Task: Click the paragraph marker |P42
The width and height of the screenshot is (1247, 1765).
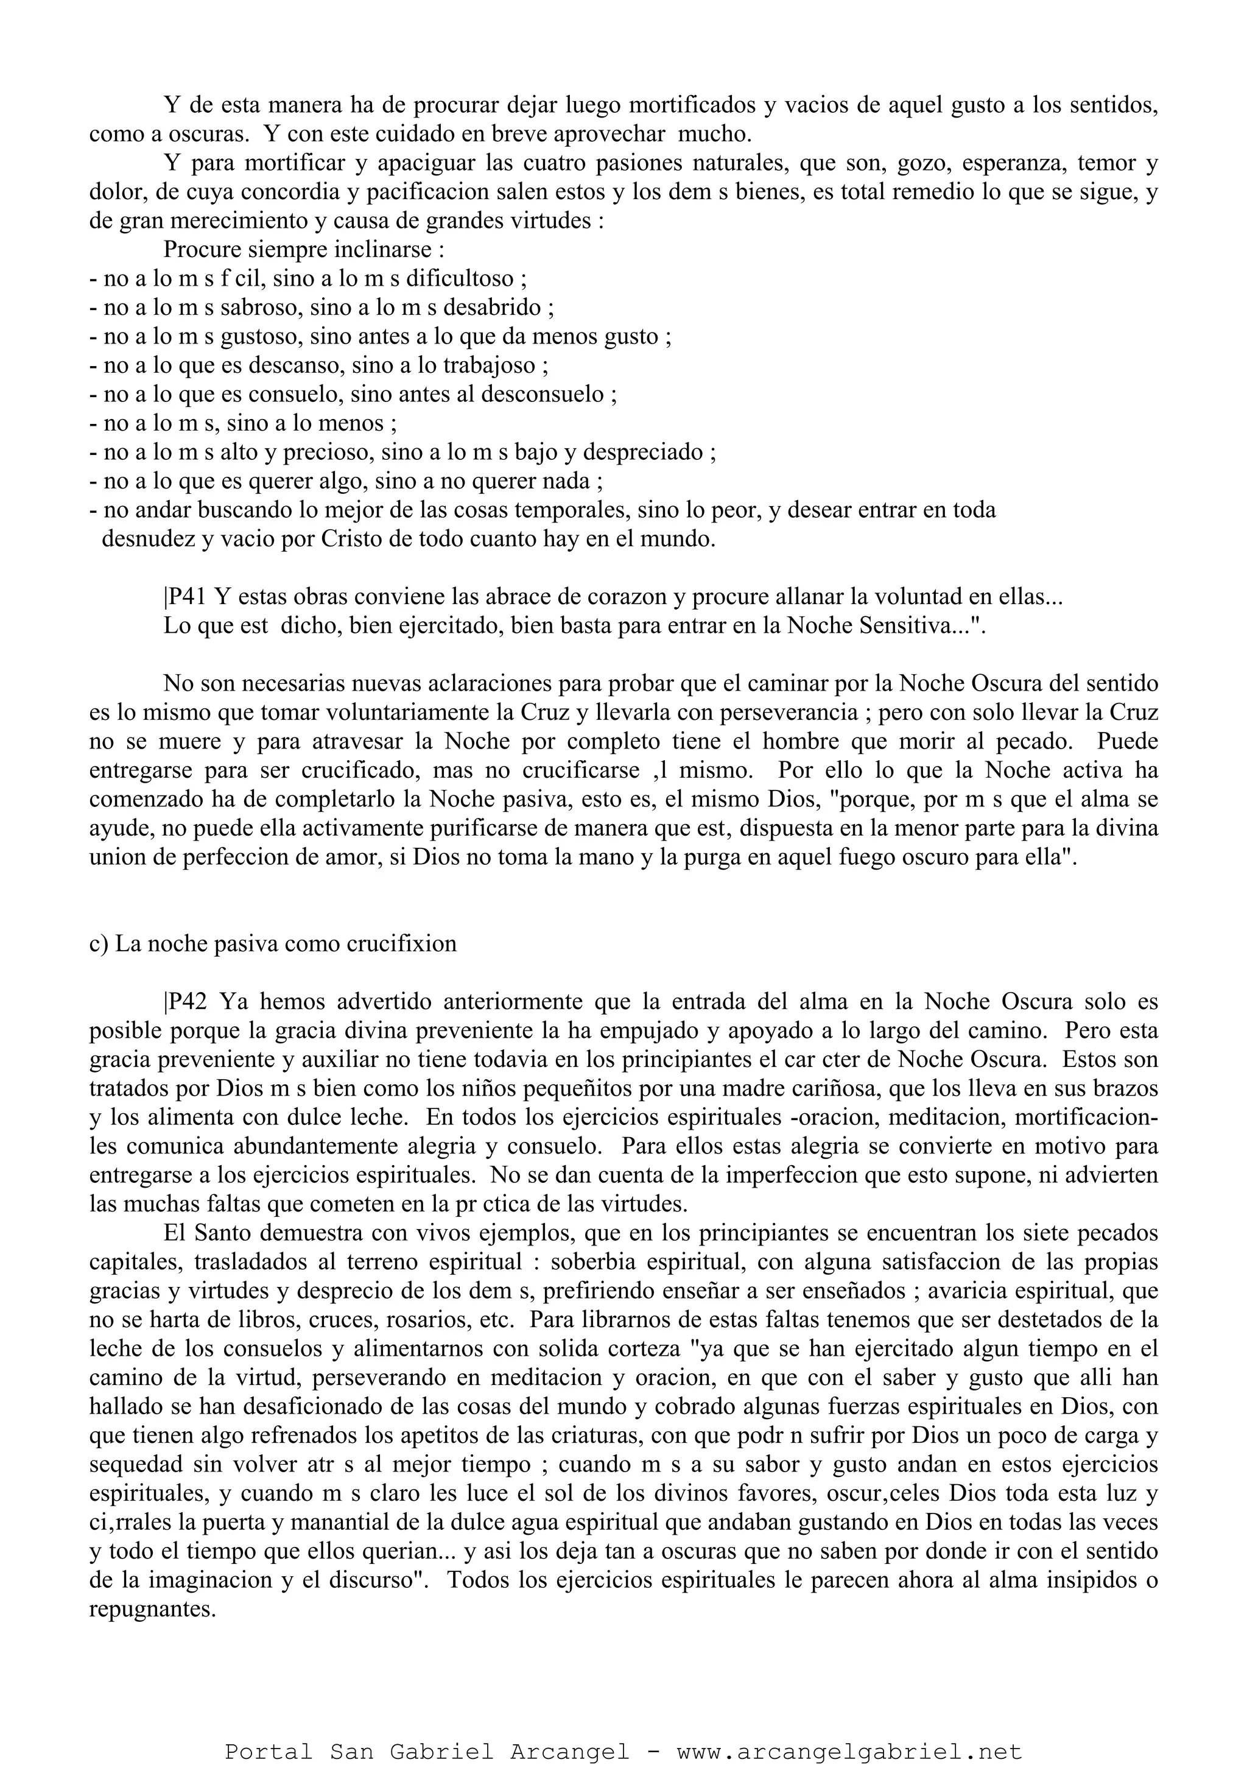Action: coord(185,1002)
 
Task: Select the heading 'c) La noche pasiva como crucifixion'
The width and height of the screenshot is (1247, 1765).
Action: coord(273,944)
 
